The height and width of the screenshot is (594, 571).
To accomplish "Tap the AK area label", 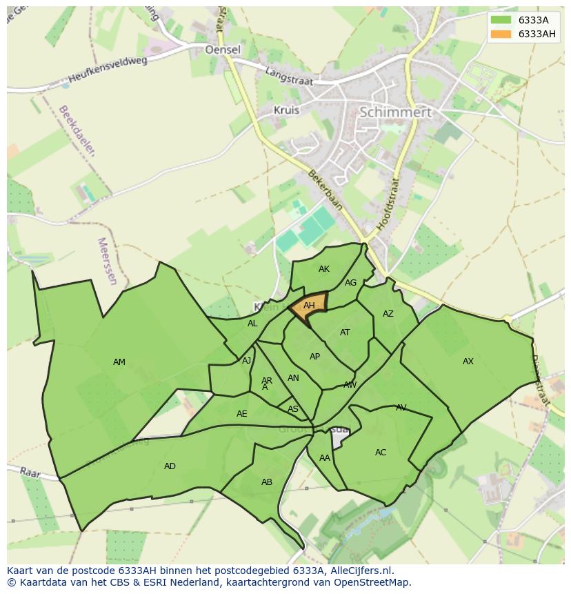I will point(324,269).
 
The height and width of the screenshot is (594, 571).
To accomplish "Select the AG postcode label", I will point(350,283).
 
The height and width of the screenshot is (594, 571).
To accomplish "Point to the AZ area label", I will point(388,314).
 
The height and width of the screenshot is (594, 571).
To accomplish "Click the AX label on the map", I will point(468,362).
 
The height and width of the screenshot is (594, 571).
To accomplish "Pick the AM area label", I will point(119,362).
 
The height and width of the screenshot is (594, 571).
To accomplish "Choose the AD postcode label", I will point(170,466).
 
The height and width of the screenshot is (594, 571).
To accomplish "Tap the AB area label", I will point(267,482).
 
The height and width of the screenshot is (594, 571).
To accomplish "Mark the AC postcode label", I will point(381,453).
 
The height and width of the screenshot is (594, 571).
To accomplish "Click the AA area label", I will point(324,457).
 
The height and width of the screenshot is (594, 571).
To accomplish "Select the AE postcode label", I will point(241,414).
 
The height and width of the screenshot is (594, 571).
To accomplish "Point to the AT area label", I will point(345,333).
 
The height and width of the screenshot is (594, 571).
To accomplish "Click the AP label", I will point(314,357).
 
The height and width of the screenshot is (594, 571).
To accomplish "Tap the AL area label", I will point(252,324).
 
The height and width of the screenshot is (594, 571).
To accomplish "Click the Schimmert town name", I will point(395,112).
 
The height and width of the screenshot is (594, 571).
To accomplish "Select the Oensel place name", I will point(223,50).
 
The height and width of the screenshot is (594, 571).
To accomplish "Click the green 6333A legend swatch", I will point(501,20).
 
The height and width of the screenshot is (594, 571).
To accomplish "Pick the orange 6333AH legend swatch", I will point(501,34).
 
